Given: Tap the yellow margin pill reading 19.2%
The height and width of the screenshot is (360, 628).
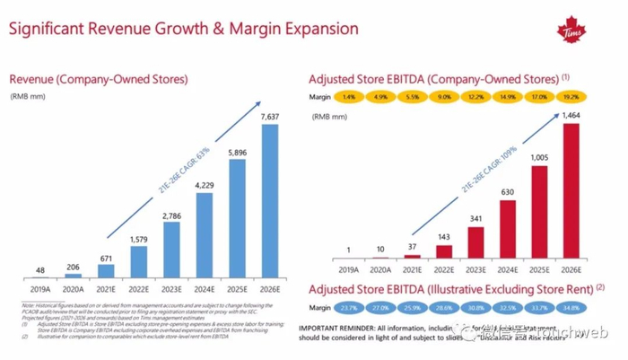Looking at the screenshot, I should (x=571, y=96).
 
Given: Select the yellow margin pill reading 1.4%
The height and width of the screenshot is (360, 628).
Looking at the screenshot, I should (x=349, y=96).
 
